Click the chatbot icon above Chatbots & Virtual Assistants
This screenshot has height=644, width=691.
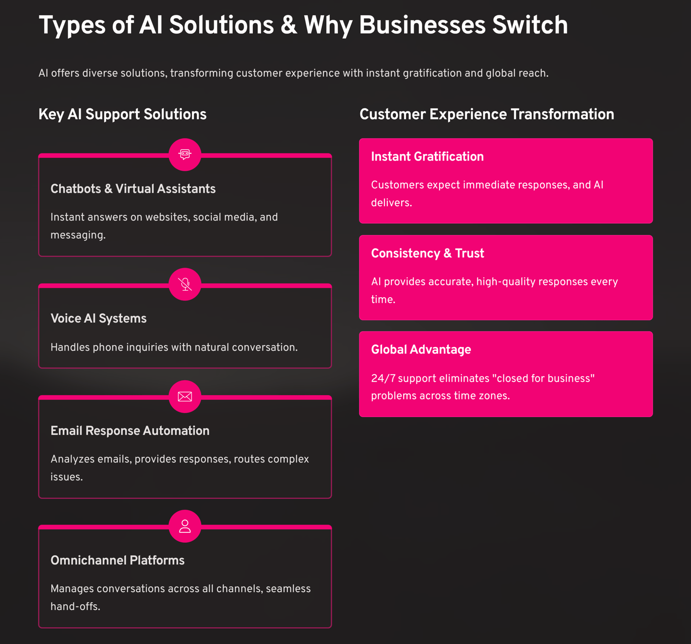point(185,154)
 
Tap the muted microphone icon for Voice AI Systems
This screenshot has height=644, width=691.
point(185,284)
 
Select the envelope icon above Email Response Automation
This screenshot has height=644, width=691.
point(185,397)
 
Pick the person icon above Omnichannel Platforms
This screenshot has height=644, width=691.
point(185,526)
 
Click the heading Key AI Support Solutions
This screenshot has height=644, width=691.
point(122,114)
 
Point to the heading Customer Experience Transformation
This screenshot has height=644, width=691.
point(487,114)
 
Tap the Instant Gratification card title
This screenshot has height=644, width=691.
point(427,157)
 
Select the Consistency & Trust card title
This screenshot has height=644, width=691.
point(427,253)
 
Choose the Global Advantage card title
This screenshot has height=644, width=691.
point(421,350)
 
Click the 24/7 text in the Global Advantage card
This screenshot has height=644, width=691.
point(383,378)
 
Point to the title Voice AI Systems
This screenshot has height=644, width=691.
point(98,318)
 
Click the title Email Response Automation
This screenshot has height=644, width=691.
point(130,431)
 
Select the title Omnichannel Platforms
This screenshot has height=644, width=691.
point(117,560)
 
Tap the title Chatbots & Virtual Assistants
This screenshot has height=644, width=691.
point(133,189)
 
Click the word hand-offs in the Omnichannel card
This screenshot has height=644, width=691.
point(74,607)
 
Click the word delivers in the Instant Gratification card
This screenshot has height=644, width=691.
point(391,203)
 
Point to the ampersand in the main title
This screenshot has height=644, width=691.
point(288,25)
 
